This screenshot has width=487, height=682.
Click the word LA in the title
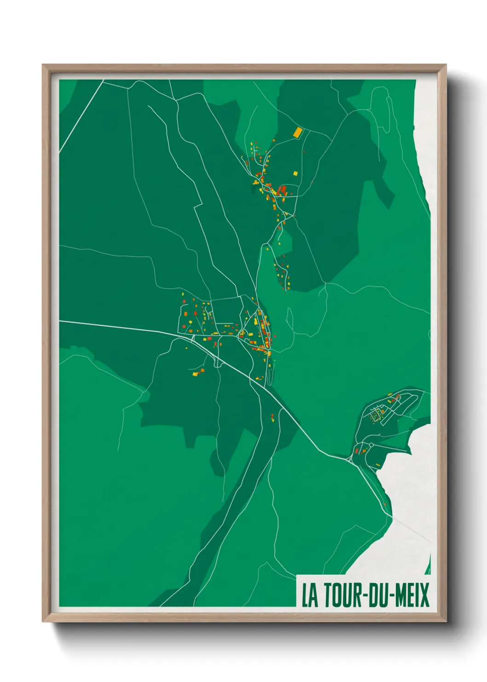[310, 595]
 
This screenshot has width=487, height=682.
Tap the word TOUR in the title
[343, 595]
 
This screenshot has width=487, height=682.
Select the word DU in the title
[380, 595]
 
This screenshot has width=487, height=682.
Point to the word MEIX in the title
[412, 595]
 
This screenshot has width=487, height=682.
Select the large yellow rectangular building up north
[298, 133]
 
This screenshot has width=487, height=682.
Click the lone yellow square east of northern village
[296, 173]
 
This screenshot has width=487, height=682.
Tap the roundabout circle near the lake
[371, 445]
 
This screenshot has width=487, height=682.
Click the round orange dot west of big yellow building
[274, 140]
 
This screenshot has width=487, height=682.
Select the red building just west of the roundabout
[356, 451]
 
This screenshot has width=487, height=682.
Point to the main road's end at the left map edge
[60, 321]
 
